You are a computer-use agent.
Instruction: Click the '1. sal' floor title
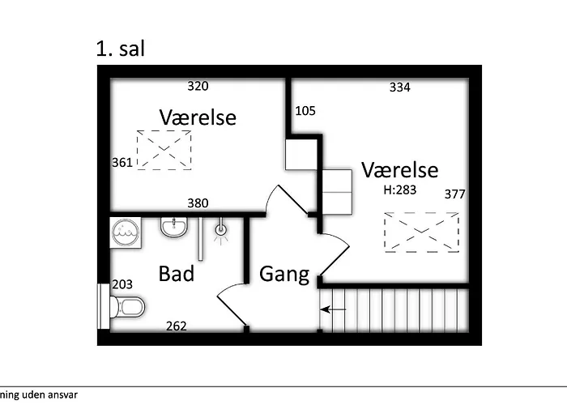coord(121,49)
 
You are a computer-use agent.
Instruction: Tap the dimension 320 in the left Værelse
coord(198,86)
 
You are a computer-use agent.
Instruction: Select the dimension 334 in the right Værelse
coord(400,87)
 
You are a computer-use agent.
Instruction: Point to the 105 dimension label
coord(305,111)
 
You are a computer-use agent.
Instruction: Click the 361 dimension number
coord(122,163)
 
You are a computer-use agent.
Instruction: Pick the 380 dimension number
coord(198,203)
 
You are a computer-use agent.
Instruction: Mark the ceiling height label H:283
coord(400,190)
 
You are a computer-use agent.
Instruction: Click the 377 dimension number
coord(455,194)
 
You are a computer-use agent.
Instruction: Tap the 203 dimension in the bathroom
coord(122,284)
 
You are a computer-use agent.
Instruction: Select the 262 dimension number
coord(177,326)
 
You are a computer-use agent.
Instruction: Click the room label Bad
coord(177,274)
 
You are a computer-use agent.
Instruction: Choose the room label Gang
coord(284,275)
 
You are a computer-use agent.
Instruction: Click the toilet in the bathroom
coord(127,307)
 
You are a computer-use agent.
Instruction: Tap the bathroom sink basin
coord(174,227)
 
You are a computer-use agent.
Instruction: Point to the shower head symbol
coord(221,229)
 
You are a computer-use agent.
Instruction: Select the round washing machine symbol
coord(126,232)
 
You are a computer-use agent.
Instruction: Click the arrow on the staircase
coord(333,309)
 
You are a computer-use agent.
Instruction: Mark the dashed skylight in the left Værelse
coord(164,150)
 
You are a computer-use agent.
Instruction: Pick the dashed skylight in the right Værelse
coord(422,232)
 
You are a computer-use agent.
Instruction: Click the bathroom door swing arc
coord(224,290)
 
